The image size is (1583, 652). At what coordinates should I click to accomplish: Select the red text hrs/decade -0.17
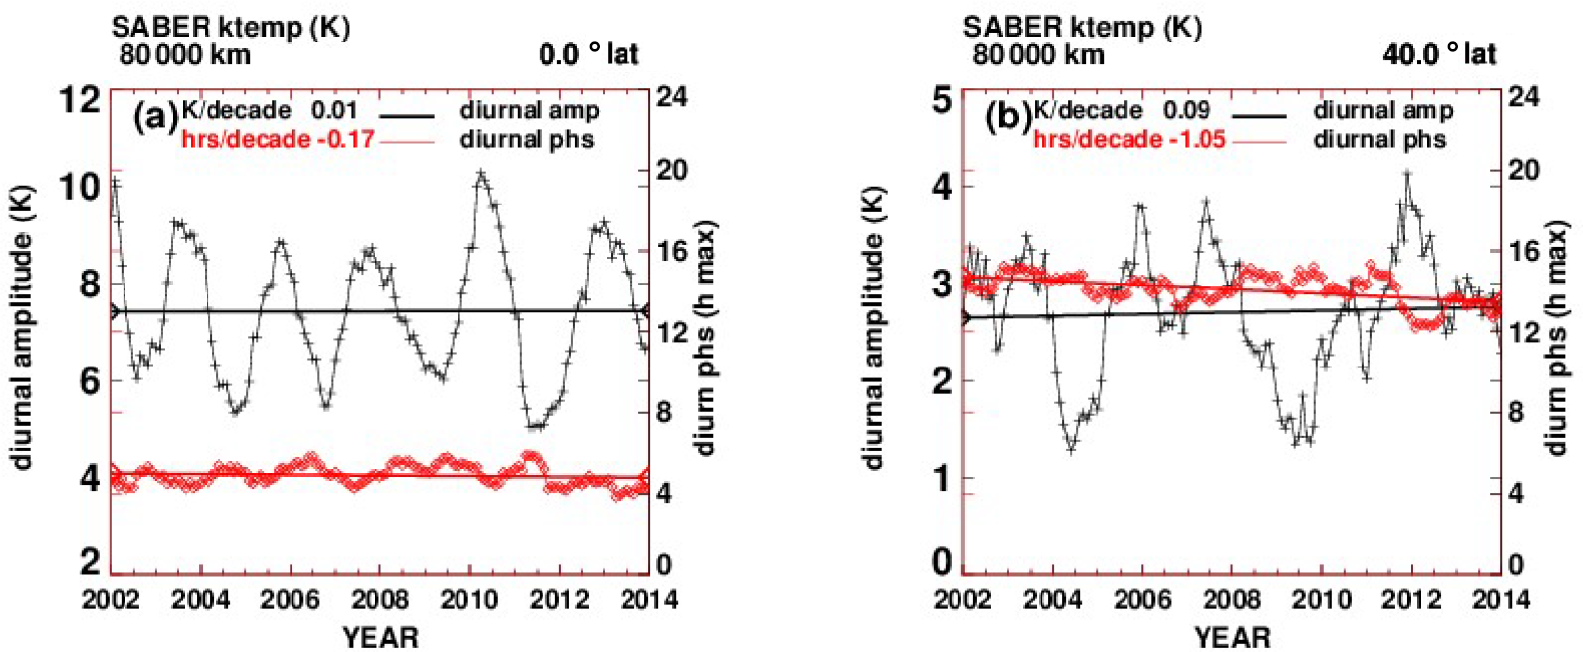tap(278, 139)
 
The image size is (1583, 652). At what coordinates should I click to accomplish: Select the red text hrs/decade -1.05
tap(1129, 139)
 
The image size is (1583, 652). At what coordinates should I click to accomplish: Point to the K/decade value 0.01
tap(334, 110)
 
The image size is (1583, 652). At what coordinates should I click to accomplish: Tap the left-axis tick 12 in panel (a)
tap(80, 100)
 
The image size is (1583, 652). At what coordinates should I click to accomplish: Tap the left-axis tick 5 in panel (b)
tap(941, 100)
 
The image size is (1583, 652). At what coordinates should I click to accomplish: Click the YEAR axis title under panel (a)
tap(380, 637)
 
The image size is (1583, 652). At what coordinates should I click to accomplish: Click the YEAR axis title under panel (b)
tap(1232, 637)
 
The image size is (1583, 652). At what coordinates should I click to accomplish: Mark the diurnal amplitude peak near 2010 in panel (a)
tap(481, 173)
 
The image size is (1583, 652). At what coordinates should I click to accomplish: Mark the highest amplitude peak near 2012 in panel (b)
tap(1406, 173)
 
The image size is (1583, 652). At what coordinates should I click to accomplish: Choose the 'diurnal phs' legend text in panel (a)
tap(527, 139)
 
